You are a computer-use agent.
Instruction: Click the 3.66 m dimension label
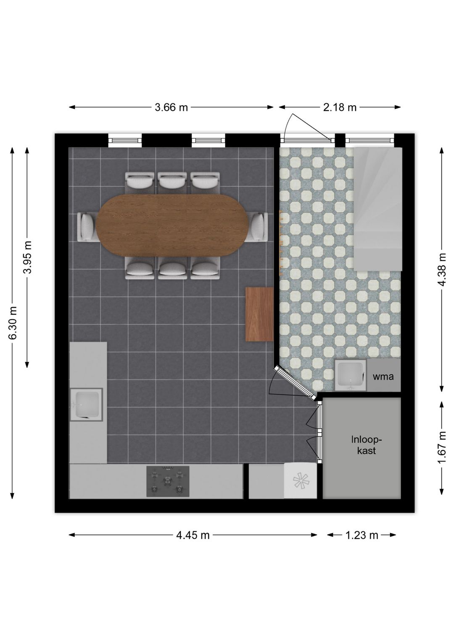171,107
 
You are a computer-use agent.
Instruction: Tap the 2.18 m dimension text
340,107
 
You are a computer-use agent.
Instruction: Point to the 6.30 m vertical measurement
13,323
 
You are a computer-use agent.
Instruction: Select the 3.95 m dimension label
28,257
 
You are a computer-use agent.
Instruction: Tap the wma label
383,376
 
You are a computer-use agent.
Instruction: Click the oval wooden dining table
172,225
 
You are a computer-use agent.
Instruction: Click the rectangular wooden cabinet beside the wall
259,314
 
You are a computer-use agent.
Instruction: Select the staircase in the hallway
378,209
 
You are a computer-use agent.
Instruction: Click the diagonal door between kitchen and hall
296,382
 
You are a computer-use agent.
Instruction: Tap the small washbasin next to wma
351,375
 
